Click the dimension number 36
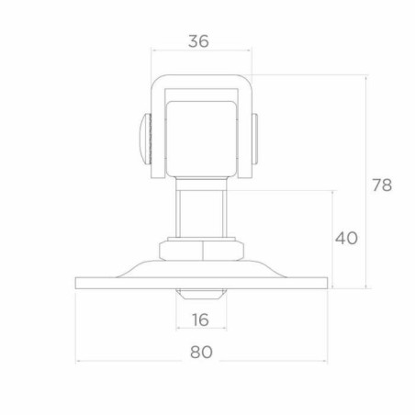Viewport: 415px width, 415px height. click(x=198, y=40)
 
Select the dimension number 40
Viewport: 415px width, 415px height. click(x=345, y=238)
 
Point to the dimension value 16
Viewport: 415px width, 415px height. click(x=201, y=320)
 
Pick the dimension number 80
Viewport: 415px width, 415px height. click(x=202, y=351)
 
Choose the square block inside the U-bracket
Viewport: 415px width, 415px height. click(x=198, y=138)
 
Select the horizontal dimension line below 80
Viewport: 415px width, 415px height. click(x=201, y=361)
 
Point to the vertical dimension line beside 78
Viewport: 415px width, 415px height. click(x=368, y=184)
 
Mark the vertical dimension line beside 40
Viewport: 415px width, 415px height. click(x=332, y=239)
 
